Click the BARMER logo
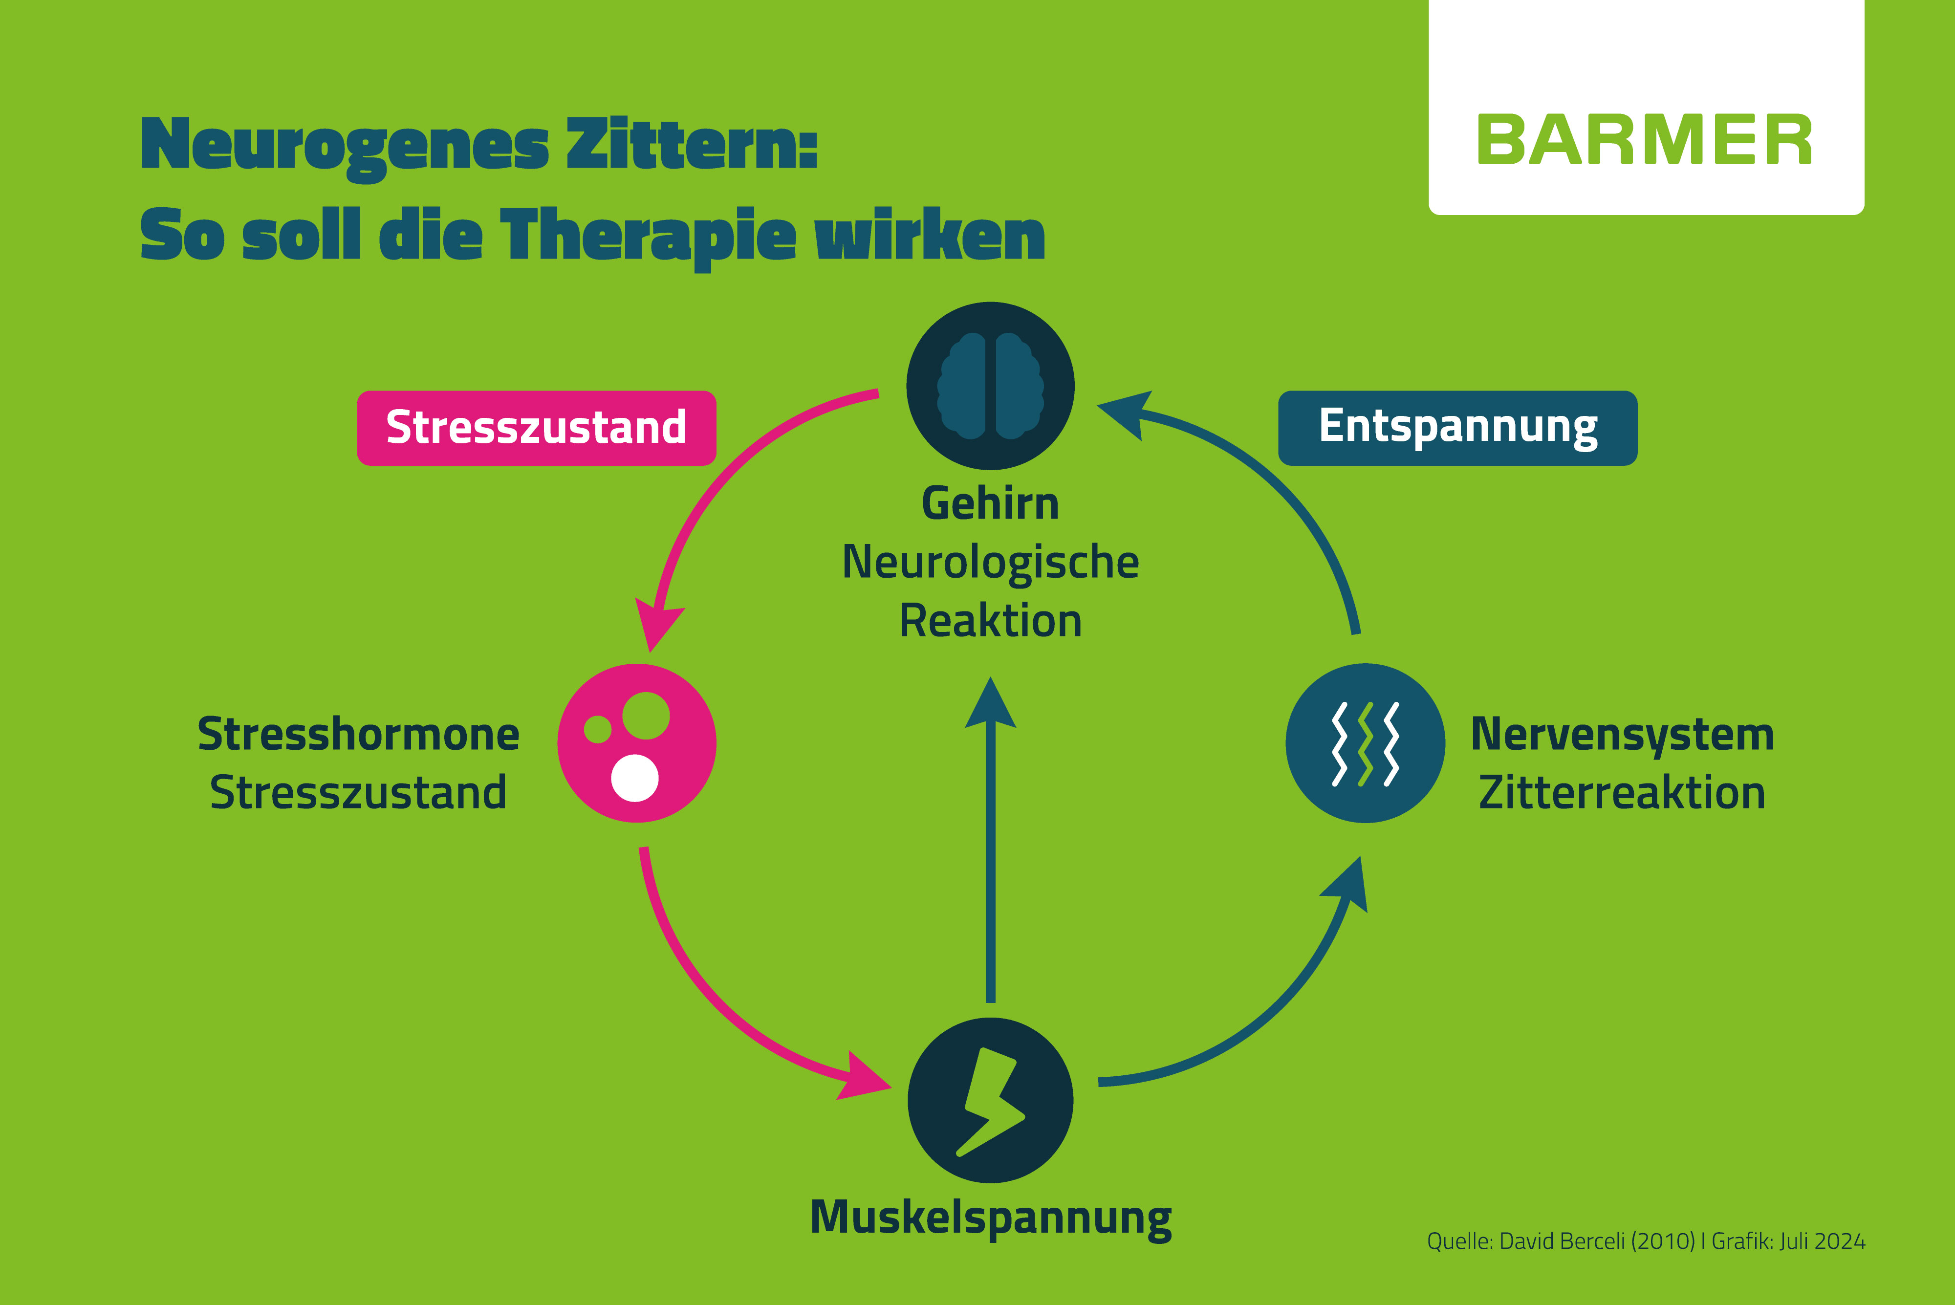coord(1645,140)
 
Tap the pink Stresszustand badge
coord(536,428)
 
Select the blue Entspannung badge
coord(1457,428)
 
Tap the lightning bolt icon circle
coord(990,1100)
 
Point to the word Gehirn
coord(990,504)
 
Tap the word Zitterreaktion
coord(1622,792)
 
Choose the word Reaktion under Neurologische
coord(990,621)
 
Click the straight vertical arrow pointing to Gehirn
coord(990,839)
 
